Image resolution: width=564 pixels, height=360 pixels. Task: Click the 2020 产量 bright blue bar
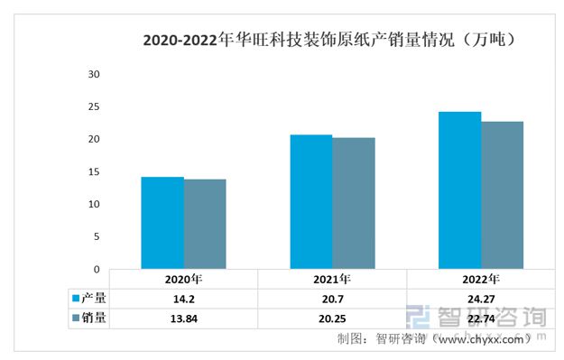pos(162,223)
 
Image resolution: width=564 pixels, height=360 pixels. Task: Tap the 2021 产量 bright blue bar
pos(310,202)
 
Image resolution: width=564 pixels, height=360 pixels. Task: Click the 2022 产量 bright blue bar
pos(459,190)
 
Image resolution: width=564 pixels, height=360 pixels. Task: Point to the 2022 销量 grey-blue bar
pos(502,195)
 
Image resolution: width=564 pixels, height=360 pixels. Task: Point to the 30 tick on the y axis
pos(93,74)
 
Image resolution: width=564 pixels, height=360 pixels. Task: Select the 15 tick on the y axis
pos(93,171)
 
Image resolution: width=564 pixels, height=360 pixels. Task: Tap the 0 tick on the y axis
pos(97,269)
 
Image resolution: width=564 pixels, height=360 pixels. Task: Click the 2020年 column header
pos(183,279)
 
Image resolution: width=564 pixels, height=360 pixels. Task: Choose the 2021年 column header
pos(332,279)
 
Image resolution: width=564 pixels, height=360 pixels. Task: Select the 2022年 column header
pos(480,279)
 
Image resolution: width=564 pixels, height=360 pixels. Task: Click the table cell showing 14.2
pos(183,298)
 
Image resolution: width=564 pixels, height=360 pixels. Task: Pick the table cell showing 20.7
pos(332,298)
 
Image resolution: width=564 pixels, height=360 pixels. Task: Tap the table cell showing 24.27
pos(480,298)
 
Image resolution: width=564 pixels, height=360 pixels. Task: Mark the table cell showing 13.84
pos(183,318)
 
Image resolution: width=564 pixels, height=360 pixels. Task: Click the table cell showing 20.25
pos(332,318)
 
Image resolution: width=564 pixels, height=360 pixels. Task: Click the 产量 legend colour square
pos(77,298)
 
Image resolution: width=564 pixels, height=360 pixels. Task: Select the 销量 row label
pos(95,318)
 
